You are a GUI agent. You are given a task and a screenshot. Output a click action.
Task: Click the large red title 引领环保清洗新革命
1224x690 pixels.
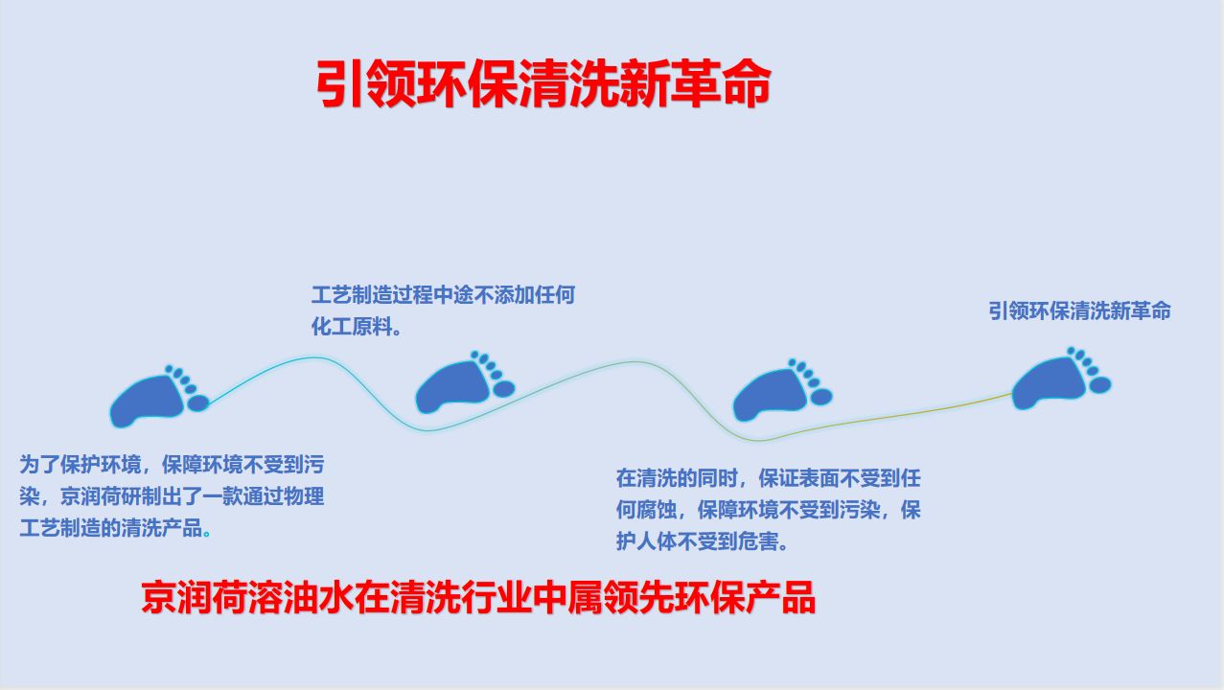(543, 83)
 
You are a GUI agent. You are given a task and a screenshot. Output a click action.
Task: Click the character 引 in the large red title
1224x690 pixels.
(340, 83)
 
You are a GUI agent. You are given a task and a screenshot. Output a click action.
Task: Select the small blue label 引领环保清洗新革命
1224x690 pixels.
(1079, 310)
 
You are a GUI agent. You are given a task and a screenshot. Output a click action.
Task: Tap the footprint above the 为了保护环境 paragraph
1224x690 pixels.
(159, 396)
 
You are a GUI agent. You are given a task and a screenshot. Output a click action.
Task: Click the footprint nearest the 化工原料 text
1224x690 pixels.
(465, 381)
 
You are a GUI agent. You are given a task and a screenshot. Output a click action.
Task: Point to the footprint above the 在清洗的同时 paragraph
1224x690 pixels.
(782, 390)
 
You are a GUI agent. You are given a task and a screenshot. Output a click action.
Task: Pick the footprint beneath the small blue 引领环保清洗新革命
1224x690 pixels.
(1061, 378)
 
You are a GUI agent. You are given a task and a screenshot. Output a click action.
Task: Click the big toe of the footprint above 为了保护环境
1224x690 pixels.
(198, 403)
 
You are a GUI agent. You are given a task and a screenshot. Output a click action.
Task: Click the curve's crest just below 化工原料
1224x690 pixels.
(313, 357)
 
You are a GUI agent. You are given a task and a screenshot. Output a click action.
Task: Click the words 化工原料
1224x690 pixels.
(352, 327)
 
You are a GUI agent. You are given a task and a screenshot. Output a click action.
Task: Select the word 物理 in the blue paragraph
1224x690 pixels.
(304, 496)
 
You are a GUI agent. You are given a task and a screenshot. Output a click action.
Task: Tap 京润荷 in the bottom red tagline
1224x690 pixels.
(194, 597)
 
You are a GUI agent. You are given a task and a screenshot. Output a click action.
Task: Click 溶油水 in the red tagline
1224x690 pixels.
(301, 597)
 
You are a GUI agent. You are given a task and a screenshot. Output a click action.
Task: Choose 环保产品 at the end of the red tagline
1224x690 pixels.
(744, 597)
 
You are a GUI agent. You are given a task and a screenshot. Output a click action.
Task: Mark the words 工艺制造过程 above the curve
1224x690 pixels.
(372, 295)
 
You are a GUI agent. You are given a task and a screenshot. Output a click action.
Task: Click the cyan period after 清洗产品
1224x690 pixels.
(206, 533)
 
